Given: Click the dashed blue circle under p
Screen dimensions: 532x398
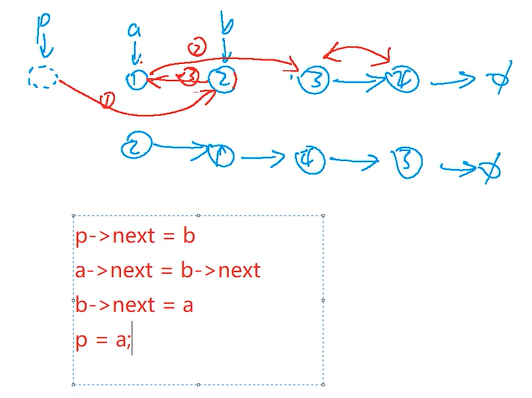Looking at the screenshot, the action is [42, 78].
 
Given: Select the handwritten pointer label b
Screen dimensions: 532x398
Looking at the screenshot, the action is [226, 25].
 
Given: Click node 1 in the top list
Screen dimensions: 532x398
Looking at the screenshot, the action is [136, 80].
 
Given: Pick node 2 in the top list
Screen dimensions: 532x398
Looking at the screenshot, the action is [223, 79].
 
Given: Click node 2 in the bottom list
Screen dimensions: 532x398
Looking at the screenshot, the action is [137, 146].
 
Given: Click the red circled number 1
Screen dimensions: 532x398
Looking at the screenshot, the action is [106, 100].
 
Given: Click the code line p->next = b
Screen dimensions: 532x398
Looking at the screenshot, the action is [135, 236].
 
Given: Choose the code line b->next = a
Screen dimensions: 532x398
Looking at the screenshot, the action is [134, 305].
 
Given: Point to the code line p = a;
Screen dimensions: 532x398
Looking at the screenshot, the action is [103, 340].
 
